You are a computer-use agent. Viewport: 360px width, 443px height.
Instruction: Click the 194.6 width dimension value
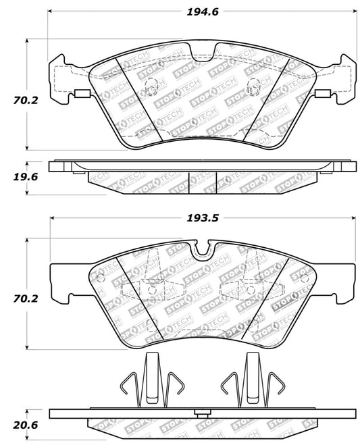(x=203, y=11)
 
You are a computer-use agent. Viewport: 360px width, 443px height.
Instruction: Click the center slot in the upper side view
(x=203, y=178)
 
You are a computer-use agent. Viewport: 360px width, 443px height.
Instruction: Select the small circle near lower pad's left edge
(x=100, y=278)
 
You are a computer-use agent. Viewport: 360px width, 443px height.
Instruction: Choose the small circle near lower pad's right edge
(x=305, y=278)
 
